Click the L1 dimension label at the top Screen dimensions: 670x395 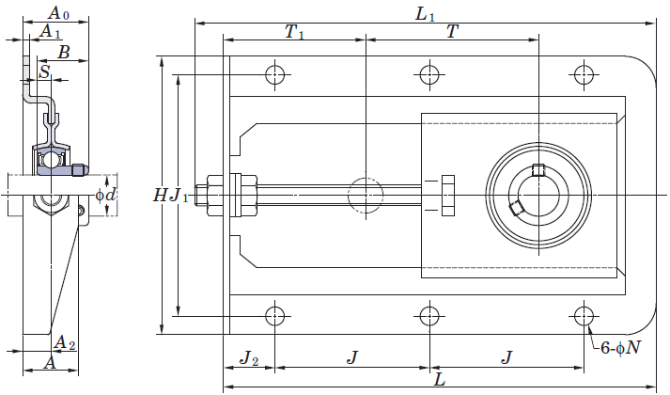[425, 14]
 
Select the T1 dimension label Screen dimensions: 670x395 [294, 32]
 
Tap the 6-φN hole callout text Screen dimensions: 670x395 [621, 348]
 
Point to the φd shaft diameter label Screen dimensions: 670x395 [105, 196]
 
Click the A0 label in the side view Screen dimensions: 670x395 [58, 13]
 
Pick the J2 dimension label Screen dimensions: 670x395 [249, 357]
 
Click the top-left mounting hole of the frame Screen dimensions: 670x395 [274, 75]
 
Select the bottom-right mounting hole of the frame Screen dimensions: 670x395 [584, 316]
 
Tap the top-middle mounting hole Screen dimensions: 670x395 [429, 75]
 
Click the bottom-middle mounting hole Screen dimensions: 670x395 [429, 316]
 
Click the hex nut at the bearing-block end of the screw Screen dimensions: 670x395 [447, 195]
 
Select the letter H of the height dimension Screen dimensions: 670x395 [160, 196]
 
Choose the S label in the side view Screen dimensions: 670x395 [44, 71]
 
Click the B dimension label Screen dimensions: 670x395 [63, 53]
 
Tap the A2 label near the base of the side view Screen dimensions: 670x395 [66, 343]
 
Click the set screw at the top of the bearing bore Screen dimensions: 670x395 [538, 169]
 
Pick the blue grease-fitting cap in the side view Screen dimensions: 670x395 [80, 170]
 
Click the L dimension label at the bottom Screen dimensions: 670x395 [440, 379]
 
